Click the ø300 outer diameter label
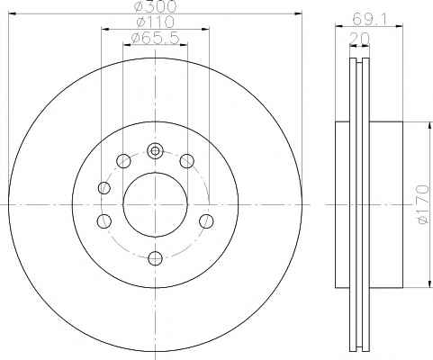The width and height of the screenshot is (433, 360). click(156, 6)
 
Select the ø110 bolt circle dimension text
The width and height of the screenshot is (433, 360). click(155, 22)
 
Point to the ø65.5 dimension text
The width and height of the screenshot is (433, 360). click(156, 38)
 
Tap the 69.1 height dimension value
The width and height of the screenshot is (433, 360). click(369, 20)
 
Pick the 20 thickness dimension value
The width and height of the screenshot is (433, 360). click(359, 38)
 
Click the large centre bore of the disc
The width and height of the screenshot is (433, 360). click(155, 205)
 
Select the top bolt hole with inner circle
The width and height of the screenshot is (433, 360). click(155, 151)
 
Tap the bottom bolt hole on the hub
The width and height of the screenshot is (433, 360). click(156, 258)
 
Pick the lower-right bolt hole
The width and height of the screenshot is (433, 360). click(206, 221)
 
